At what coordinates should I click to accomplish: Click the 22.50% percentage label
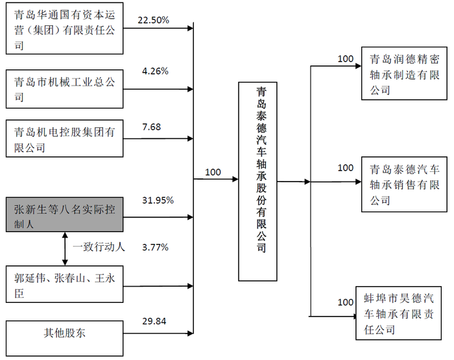(x=153, y=20)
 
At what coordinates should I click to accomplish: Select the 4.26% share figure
(x=155, y=71)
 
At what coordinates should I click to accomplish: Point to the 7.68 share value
(x=151, y=127)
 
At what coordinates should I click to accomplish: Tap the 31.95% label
(x=158, y=200)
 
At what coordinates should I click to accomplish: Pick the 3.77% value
(x=155, y=247)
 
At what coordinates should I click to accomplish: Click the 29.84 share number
(x=154, y=321)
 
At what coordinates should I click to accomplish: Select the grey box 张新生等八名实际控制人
(x=65, y=215)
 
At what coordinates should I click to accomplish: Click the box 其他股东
(x=65, y=339)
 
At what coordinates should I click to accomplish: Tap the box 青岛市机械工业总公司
(x=65, y=89)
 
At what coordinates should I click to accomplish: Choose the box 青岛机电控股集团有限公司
(x=65, y=138)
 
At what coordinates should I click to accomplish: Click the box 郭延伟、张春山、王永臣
(x=65, y=284)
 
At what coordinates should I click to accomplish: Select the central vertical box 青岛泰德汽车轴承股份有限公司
(x=257, y=182)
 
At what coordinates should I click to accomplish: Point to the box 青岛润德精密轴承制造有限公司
(x=404, y=73)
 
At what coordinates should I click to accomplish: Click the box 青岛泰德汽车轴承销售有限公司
(x=404, y=184)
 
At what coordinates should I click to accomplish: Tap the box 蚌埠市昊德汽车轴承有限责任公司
(x=398, y=313)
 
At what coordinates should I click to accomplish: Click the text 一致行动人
(x=99, y=247)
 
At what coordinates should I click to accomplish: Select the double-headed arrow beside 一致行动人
(x=65, y=249)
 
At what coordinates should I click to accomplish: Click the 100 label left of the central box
(x=213, y=172)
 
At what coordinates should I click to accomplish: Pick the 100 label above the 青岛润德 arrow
(x=346, y=59)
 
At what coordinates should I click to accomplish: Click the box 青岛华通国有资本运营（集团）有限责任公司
(x=65, y=29)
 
